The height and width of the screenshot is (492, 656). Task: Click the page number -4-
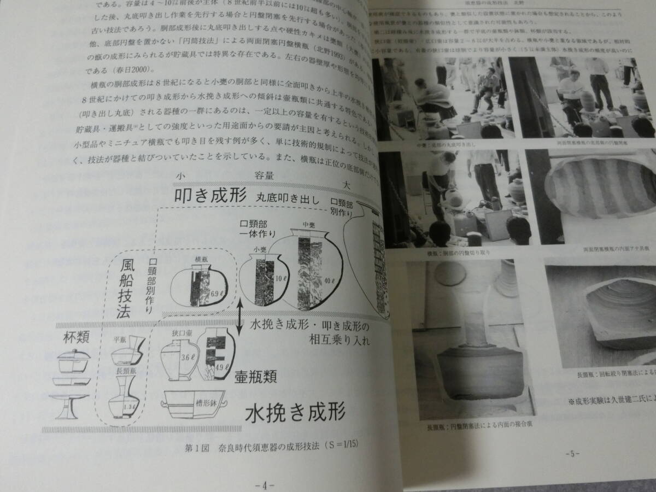click(264, 485)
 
